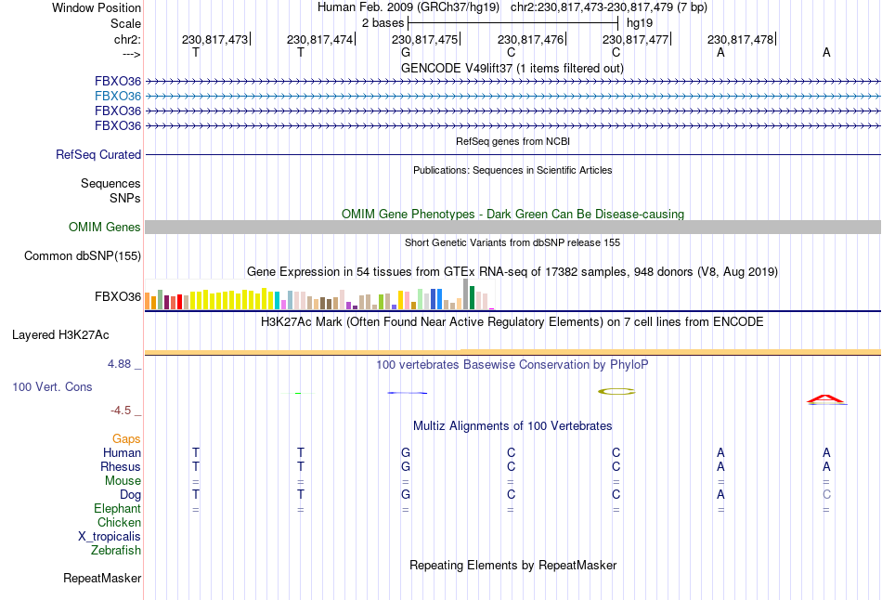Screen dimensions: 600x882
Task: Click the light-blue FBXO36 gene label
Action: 117,96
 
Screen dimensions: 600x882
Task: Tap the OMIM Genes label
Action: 105,228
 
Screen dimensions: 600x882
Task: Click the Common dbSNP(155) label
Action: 83,256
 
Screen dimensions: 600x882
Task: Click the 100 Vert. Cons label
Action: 53,386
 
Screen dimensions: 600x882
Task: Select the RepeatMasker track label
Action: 102,579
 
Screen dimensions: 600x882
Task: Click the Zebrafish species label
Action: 116,551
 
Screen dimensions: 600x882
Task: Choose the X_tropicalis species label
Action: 110,537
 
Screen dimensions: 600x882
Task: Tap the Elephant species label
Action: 117,509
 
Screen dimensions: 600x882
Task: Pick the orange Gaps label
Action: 126,438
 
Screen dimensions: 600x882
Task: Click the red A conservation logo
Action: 825,399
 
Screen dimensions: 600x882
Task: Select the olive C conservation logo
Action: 616,391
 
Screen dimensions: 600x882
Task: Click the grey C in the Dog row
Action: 826,495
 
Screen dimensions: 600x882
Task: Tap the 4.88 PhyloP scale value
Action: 119,364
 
